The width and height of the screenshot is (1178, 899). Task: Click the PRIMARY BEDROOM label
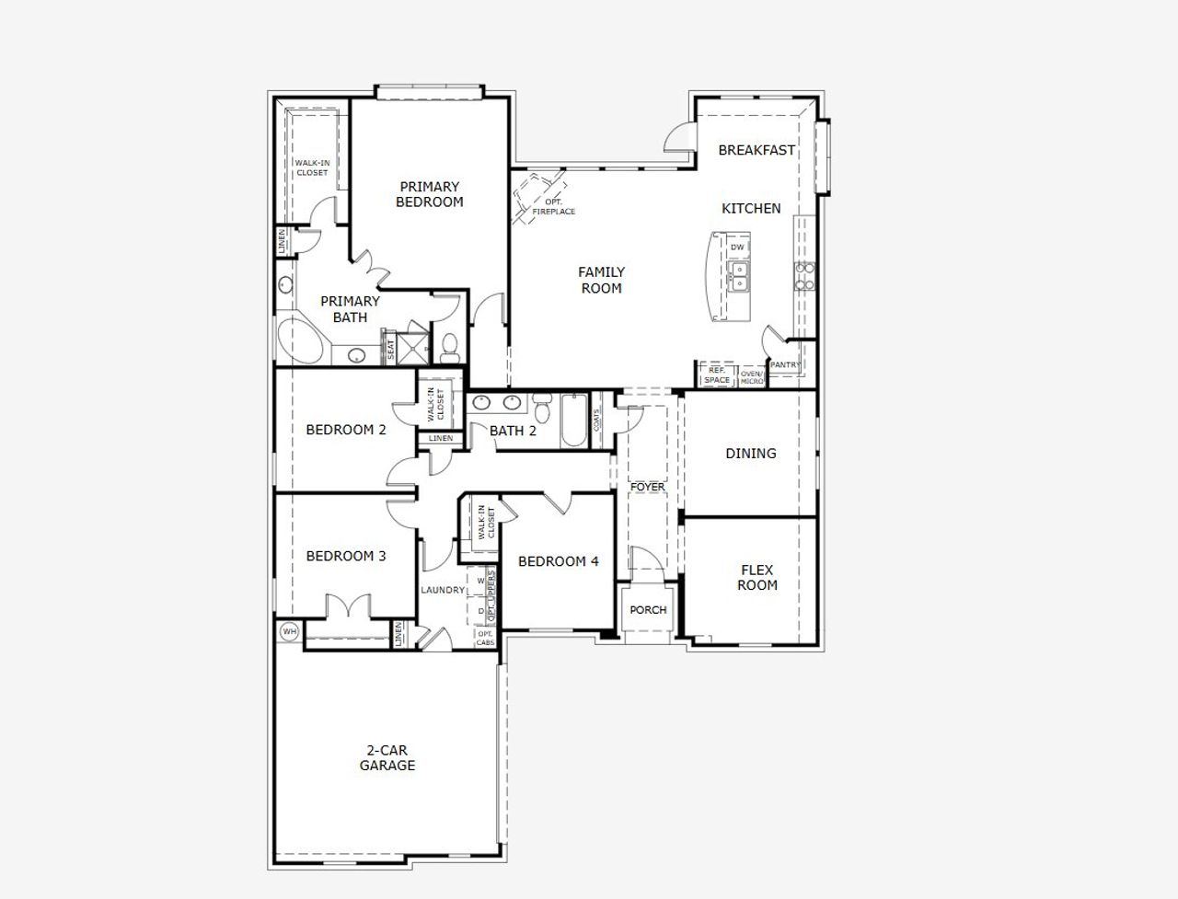pos(429,194)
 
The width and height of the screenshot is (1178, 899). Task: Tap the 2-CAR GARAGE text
pos(387,758)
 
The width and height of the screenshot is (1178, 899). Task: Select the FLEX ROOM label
pos(756,578)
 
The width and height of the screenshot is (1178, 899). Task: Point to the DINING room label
pos(750,454)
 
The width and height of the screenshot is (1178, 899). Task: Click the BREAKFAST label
pos(756,150)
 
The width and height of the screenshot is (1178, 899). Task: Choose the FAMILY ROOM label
pos(601,280)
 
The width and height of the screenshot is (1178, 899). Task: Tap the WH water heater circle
pos(289,631)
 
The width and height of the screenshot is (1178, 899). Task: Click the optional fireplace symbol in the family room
pos(536,195)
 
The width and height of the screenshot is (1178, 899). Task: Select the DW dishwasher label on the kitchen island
pos(737,248)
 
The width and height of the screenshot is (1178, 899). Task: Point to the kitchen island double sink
pos(737,276)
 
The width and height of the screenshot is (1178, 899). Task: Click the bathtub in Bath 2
pos(573,421)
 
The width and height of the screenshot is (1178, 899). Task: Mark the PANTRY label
pos(785,365)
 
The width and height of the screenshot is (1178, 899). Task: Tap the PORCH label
pos(648,610)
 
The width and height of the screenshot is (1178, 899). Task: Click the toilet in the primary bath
pos(450,346)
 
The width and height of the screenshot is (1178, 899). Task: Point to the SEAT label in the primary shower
pos(390,350)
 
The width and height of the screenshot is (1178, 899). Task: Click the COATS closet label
pos(598,421)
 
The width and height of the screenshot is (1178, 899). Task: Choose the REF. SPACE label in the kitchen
pos(717,375)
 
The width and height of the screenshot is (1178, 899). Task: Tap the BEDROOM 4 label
pos(558,561)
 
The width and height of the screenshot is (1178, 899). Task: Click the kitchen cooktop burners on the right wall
pos(803,276)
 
